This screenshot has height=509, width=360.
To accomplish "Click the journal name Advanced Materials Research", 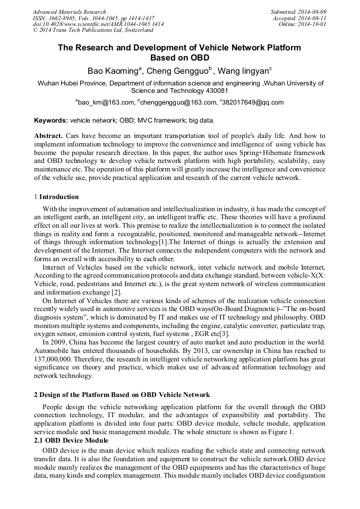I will coord(70,12).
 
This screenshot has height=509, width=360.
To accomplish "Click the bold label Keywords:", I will coord(51,120).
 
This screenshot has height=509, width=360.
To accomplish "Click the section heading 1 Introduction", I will coord(56,197).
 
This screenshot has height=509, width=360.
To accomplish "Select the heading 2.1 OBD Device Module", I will coord(71,441).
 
